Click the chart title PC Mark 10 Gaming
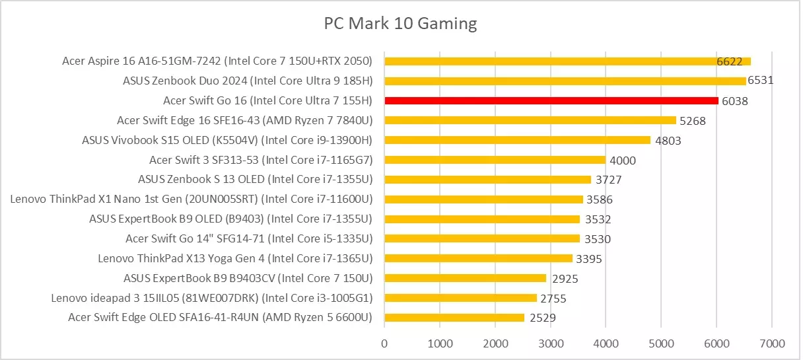click(x=400, y=24)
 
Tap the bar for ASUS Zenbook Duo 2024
click(x=565, y=81)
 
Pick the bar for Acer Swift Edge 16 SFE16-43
click(x=530, y=120)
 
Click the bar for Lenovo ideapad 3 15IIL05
click(x=460, y=298)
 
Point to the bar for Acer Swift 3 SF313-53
click(x=495, y=160)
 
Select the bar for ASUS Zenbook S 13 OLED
click(x=487, y=180)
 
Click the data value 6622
click(x=729, y=61)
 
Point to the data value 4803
click(x=668, y=141)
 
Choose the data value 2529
click(x=541, y=318)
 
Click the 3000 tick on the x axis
click(x=551, y=343)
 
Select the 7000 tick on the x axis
click(x=772, y=343)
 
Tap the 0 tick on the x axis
click(x=384, y=343)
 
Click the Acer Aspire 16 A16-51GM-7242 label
click(x=217, y=61)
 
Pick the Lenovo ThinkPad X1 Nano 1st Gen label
click(x=192, y=199)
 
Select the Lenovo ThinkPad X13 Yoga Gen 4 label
click(x=235, y=258)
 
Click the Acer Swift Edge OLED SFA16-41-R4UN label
click(x=220, y=318)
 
